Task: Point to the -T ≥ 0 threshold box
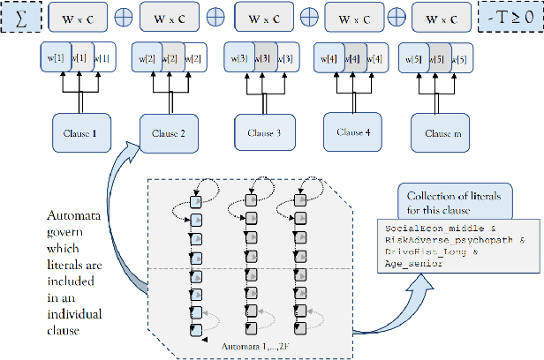tap(510, 18)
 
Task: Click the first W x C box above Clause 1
tap(80, 18)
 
